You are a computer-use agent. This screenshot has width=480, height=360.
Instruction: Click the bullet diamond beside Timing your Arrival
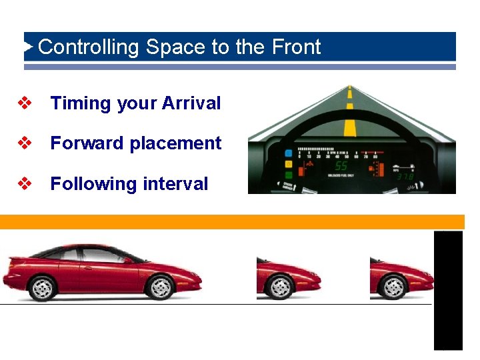[x=25, y=103]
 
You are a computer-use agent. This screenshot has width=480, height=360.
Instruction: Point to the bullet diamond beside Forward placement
[x=25, y=143]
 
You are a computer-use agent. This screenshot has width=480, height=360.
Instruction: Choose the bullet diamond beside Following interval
[x=25, y=183]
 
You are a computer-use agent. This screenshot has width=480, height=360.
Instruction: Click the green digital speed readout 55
[x=341, y=165]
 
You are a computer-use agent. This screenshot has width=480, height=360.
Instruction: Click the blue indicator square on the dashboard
[x=288, y=151]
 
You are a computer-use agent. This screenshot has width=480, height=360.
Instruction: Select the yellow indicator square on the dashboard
[x=288, y=163]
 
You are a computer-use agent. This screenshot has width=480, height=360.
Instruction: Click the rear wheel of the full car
[x=42, y=287]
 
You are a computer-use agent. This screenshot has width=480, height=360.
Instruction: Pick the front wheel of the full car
[x=160, y=287]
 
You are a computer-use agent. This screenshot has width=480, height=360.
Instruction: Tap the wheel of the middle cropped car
[x=279, y=287]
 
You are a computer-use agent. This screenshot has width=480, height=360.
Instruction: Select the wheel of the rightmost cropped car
[x=392, y=287]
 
